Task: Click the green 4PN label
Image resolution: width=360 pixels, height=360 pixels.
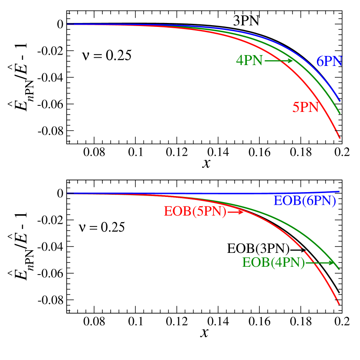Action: pos(249,61)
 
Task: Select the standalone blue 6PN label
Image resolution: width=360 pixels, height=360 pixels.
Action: pos(329,62)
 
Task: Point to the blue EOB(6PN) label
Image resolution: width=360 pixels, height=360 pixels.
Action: pos(304,201)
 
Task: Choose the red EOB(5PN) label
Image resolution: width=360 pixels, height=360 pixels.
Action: pos(195,212)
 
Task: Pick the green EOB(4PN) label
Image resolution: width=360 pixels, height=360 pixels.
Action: pos(273,263)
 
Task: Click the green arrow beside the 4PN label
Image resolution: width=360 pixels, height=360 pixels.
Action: pos(278,61)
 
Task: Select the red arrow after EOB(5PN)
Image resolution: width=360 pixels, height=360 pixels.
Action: pos(236,212)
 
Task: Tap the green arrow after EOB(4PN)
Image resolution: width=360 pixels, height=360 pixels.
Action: pos(320,262)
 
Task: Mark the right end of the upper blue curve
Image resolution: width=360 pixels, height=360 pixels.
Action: pos(340,101)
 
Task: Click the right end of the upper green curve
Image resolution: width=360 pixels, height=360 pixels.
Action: pos(340,113)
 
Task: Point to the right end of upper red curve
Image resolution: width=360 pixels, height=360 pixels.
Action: pos(340,138)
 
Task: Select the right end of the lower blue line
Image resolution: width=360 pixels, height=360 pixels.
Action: pos(339,191)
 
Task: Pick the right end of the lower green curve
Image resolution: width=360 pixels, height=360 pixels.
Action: pos(339,269)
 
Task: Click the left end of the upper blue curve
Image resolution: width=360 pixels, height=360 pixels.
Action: pos(68,24)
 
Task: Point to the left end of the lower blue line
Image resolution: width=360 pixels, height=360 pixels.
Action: pos(68,193)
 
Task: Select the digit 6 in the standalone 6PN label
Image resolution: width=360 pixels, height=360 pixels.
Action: pos(320,62)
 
